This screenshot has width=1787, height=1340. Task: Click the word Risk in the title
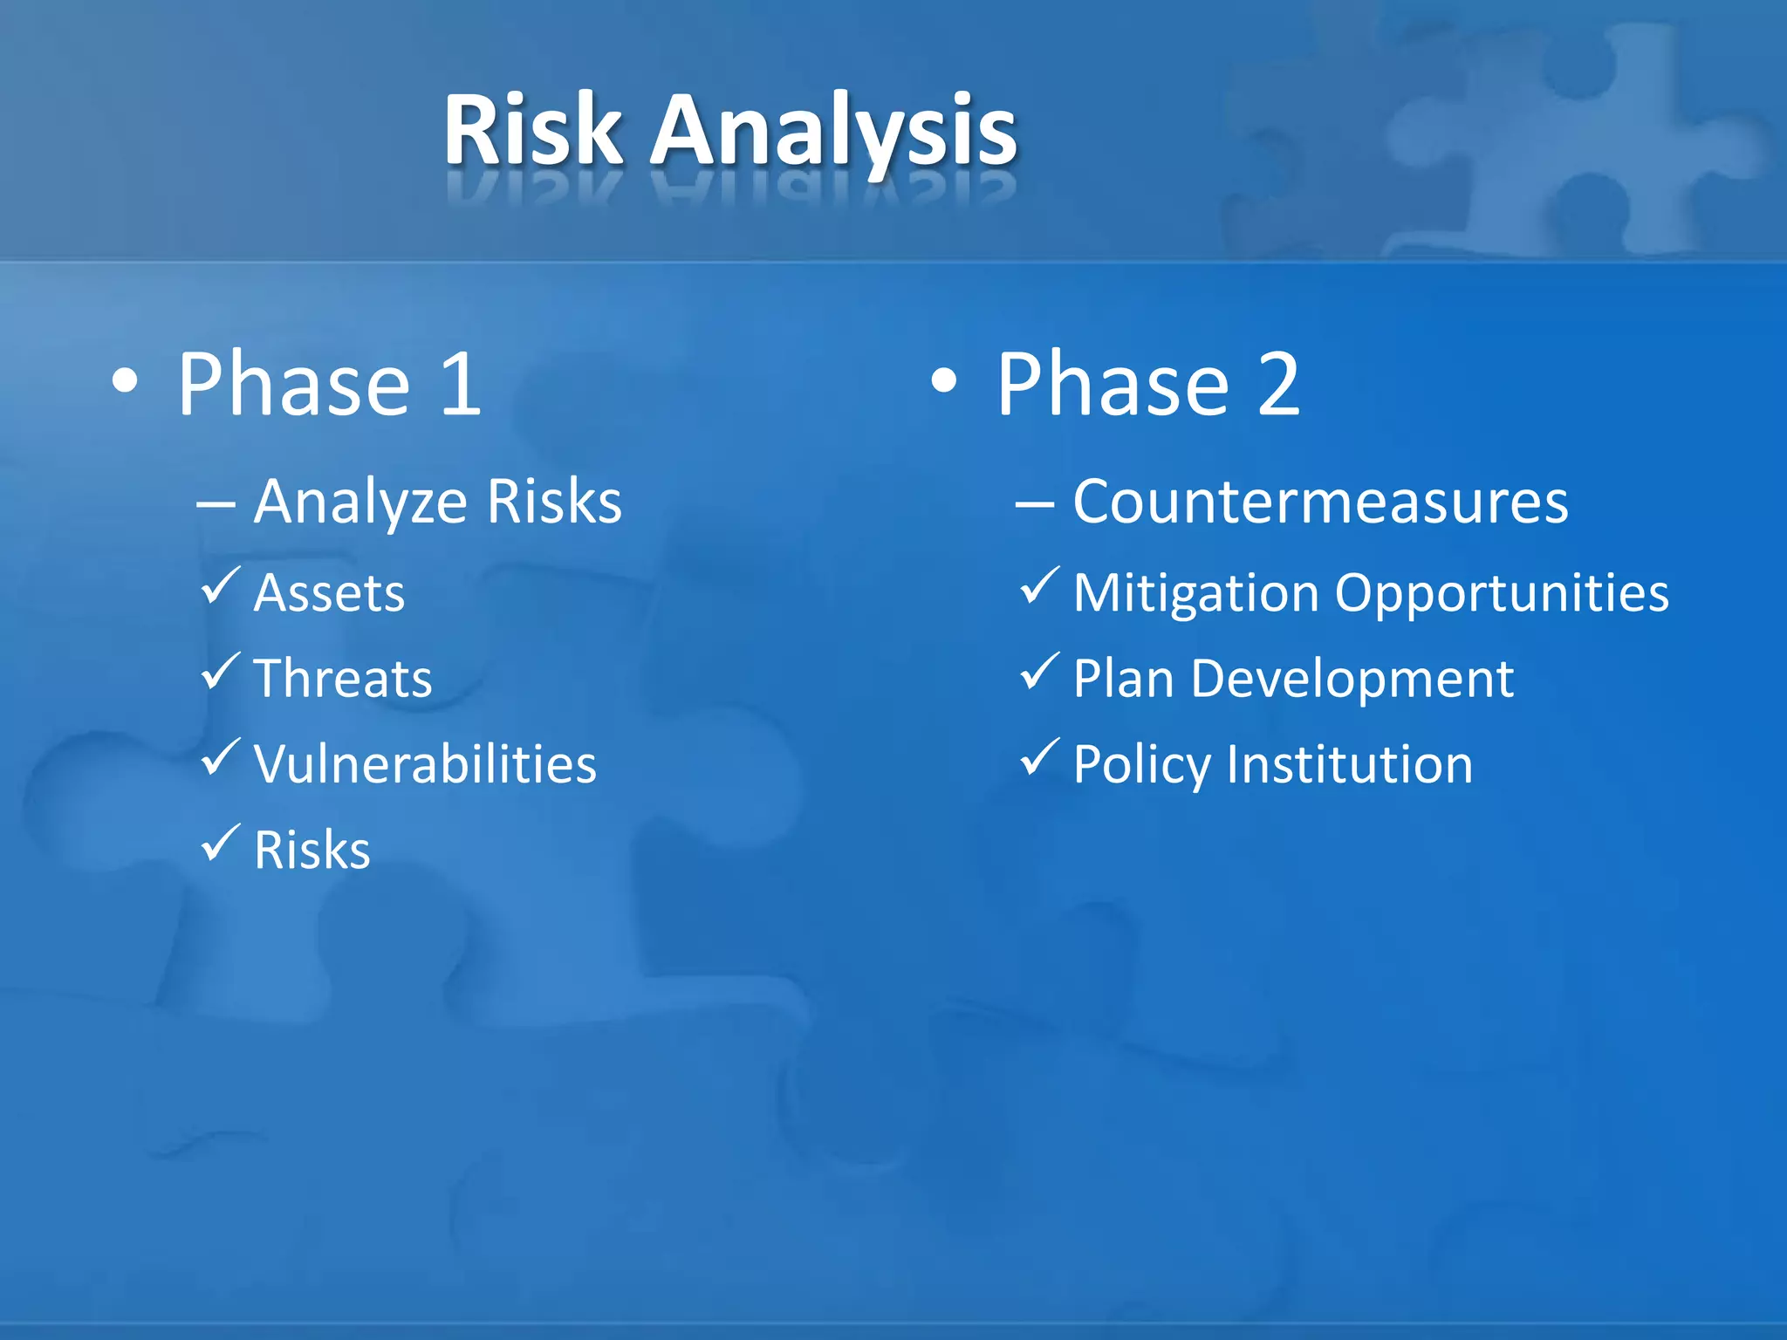click(x=532, y=131)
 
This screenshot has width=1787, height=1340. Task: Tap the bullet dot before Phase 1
click(x=126, y=382)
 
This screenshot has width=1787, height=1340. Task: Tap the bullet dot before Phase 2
click(x=944, y=381)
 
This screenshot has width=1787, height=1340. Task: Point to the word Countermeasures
click(x=1320, y=502)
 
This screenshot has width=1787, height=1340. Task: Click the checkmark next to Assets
click(x=220, y=586)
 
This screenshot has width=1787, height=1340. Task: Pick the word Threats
click(x=343, y=679)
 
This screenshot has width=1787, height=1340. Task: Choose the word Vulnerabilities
click(x=425, y=764)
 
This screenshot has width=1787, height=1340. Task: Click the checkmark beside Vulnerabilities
click(x=220, y=757)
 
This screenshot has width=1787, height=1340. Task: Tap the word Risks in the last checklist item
click(x=312, y=850)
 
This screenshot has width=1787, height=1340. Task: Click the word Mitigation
click(x=1195, y=593)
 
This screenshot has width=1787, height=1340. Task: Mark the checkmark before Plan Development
click(x=1039, y=672)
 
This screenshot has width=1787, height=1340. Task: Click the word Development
click(x=1352, y=679)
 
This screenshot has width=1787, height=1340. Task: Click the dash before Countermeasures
click(x=1034, y=504)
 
